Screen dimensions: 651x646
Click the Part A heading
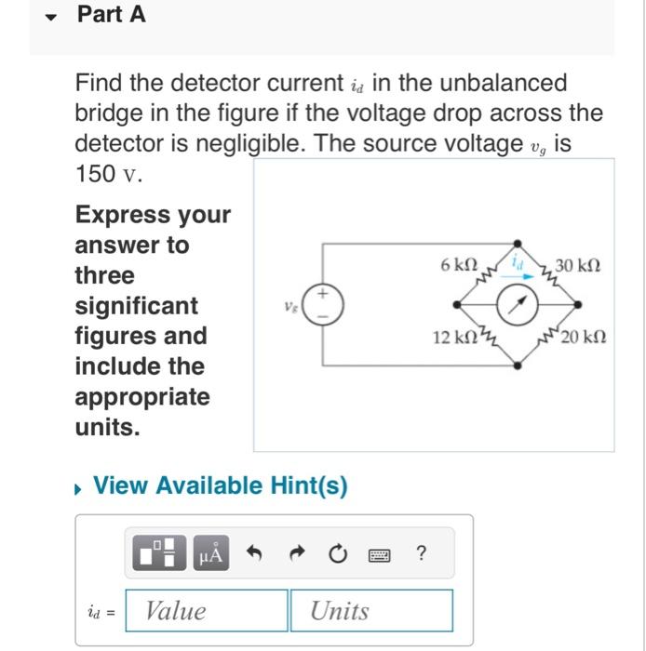(111, 15)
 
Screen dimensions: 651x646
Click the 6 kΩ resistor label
(460, 265)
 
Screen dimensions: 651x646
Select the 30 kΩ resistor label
(577, 266)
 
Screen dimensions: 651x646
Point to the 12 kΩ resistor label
(452, 336)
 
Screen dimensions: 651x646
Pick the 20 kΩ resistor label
(584, 336)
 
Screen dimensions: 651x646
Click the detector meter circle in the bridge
(516, 303)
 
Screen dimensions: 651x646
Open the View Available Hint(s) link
(221, 485)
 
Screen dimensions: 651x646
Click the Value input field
(207, 610)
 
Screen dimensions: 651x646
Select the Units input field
(370, 610)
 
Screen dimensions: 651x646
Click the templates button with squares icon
(161, 554)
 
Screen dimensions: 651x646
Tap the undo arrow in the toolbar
(253, 554)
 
